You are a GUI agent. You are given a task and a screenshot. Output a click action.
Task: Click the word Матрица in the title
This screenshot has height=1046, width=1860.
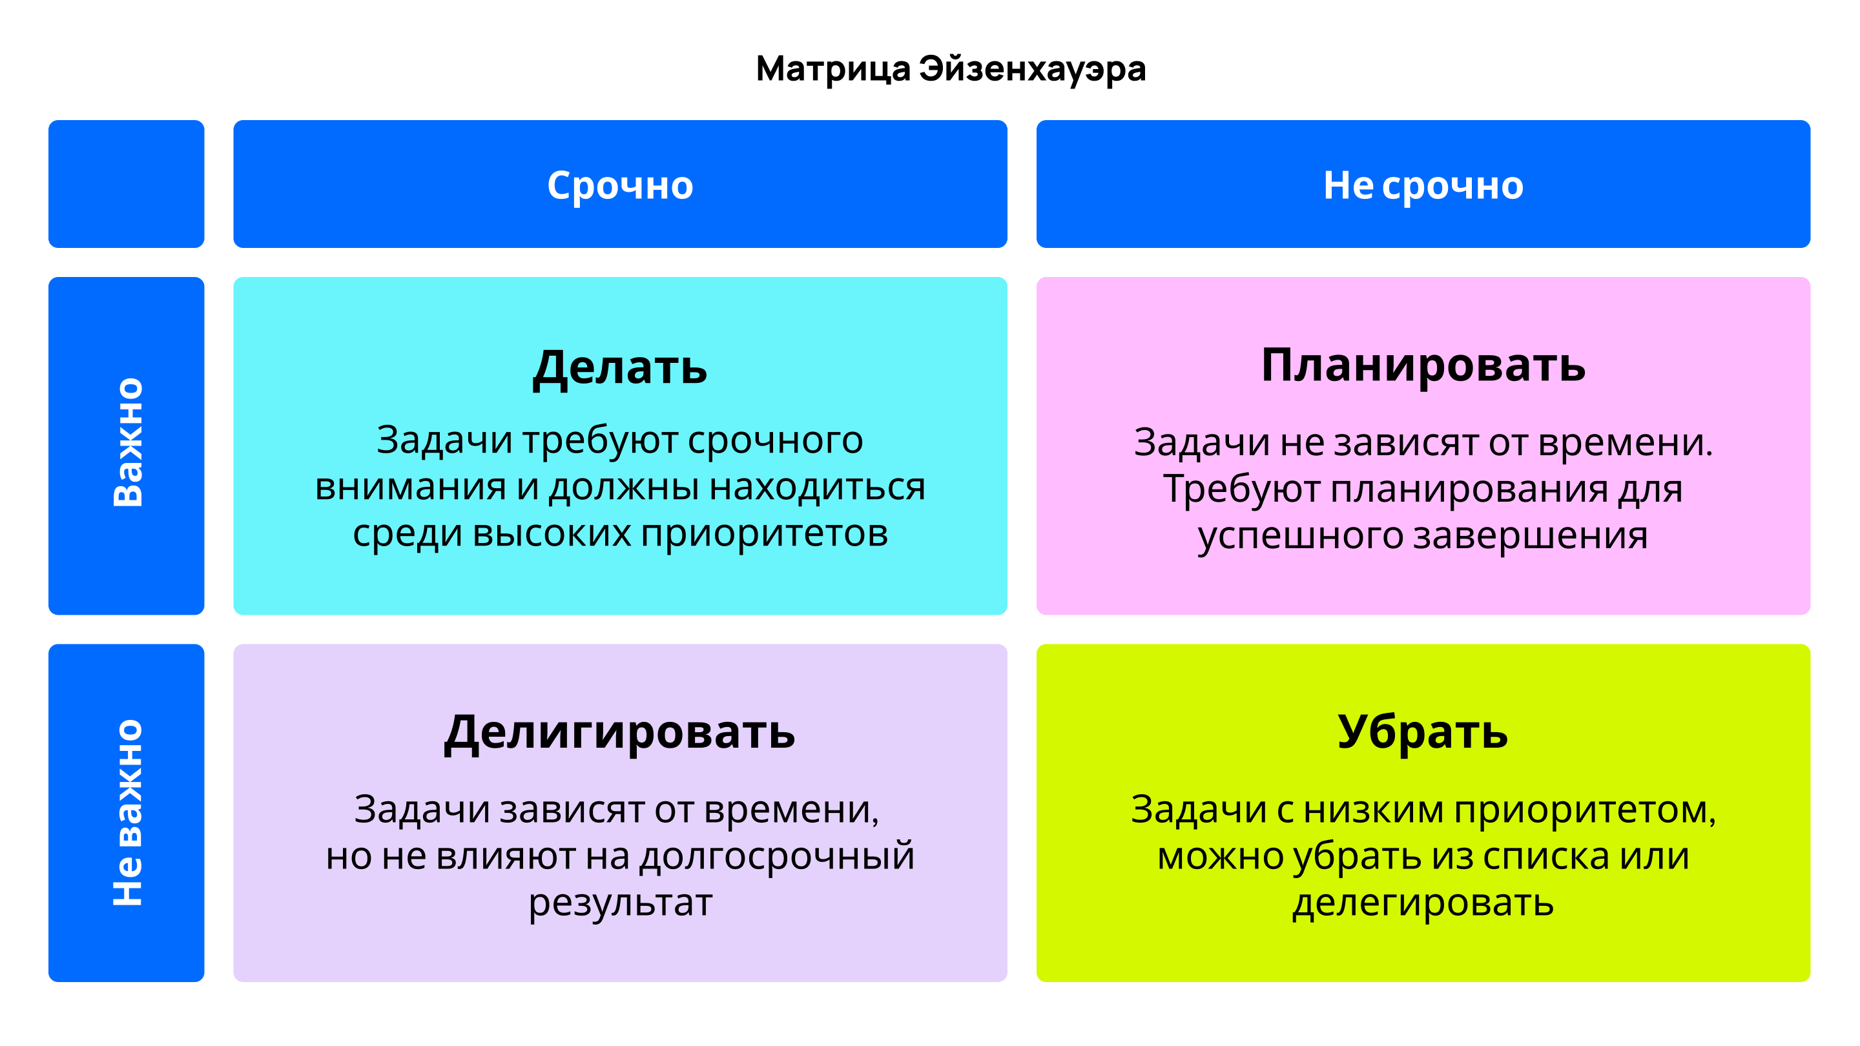pos(832,69)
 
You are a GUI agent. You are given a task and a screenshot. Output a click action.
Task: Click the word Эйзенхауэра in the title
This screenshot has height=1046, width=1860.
pos(1032,69)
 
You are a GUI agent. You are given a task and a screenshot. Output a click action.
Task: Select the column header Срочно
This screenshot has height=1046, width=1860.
pos(620,185)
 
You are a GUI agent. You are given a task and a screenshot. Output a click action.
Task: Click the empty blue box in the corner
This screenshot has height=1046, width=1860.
pos(127,184)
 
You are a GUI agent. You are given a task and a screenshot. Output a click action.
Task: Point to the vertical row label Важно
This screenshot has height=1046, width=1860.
pos(128,442)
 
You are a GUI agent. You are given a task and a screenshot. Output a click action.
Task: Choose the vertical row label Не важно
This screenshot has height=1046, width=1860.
pos(128,812)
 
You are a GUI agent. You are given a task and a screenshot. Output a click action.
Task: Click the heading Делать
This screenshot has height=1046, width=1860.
pos(619,368)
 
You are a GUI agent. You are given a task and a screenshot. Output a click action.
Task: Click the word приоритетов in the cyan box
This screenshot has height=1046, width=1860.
pos(764,534)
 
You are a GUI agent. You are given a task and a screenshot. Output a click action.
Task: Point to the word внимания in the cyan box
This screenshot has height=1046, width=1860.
pos(410,487)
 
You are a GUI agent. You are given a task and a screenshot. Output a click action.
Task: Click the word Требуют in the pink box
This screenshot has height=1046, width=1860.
pos(1241,490)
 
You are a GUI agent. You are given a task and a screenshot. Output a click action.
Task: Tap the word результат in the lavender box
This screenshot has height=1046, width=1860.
pos(620,904)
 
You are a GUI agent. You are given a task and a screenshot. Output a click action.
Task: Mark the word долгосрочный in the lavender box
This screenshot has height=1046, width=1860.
pos(777,856)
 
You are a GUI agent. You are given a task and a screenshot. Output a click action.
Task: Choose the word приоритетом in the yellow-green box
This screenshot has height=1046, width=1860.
pos(1584,810)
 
